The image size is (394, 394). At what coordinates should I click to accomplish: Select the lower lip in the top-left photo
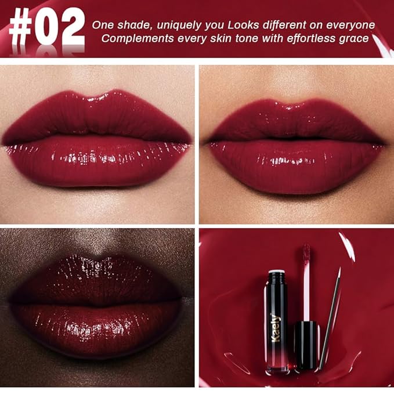[x=99, y=162]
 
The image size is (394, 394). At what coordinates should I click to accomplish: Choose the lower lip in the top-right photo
[x=296, y=165]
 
